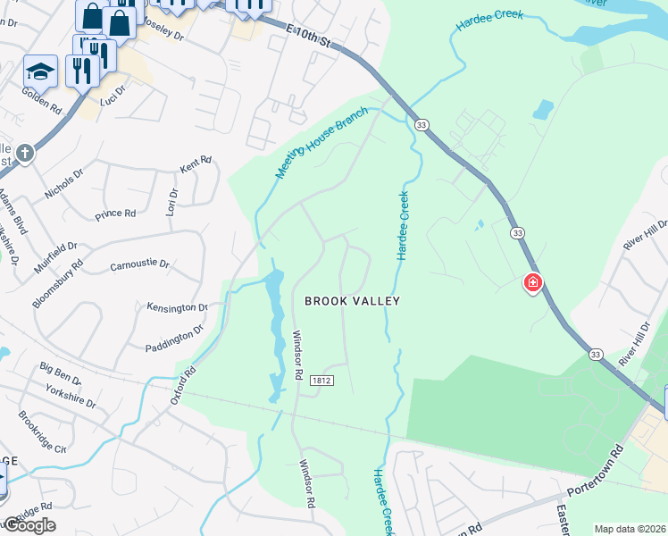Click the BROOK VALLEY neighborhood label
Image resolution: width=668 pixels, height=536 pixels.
tap(352, 302)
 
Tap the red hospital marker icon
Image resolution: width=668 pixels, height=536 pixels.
tap(532, 283)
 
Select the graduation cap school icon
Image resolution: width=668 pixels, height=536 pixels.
tap(40, 70)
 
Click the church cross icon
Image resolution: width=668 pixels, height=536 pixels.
tap(24, 152)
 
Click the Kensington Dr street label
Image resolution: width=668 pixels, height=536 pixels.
tap(177, 307)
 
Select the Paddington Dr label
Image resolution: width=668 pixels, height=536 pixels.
tap(175, 338)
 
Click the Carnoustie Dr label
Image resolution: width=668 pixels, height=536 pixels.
tap(139, 265)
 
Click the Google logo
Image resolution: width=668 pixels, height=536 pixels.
tap(29, 525)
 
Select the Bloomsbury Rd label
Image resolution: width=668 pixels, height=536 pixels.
tap(57, 284)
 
